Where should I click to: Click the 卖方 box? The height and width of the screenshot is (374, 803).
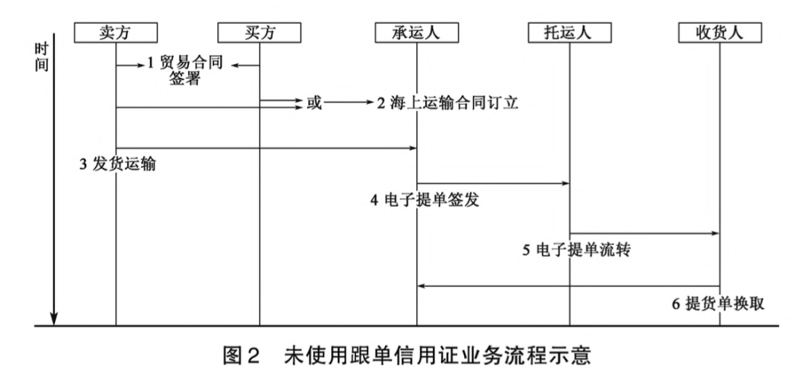[x=117, y=32]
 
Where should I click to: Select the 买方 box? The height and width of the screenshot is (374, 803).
[x=259, y=32]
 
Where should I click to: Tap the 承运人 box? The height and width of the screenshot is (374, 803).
[x=417, y=32]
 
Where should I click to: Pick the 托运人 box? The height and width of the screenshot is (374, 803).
[x=569, y=32]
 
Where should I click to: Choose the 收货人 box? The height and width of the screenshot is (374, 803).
[x=720, y=32]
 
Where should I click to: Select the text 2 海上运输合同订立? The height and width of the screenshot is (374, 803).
[x=447, y=104]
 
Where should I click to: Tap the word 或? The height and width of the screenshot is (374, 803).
[x=315, y=104]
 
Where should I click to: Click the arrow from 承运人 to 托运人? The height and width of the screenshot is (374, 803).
[x=493, y=184]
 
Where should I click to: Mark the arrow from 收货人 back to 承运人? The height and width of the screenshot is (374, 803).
[x=569, y=286]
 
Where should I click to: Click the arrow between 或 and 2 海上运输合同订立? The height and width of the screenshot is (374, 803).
[x=349, y=103]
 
